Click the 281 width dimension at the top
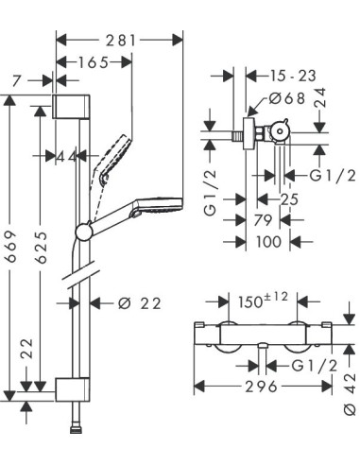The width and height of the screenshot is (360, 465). coord(121,40)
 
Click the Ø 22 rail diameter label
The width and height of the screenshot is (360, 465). coord(139,303)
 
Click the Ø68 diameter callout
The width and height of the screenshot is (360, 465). coord(286,98)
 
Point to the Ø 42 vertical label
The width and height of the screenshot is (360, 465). coord(349,391)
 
